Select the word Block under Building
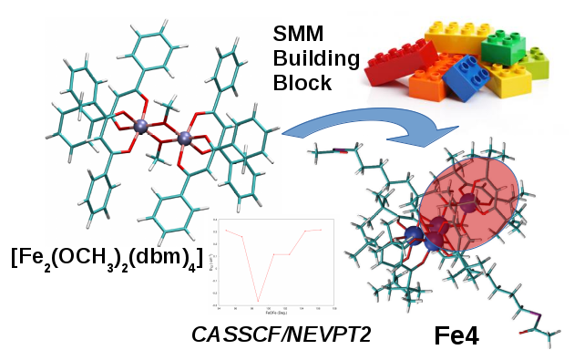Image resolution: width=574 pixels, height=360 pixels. (x=300, y=86)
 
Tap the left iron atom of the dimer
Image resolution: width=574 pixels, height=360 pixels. (x=140, y=127)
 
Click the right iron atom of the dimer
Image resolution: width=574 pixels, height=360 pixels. (x=185, y=139)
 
